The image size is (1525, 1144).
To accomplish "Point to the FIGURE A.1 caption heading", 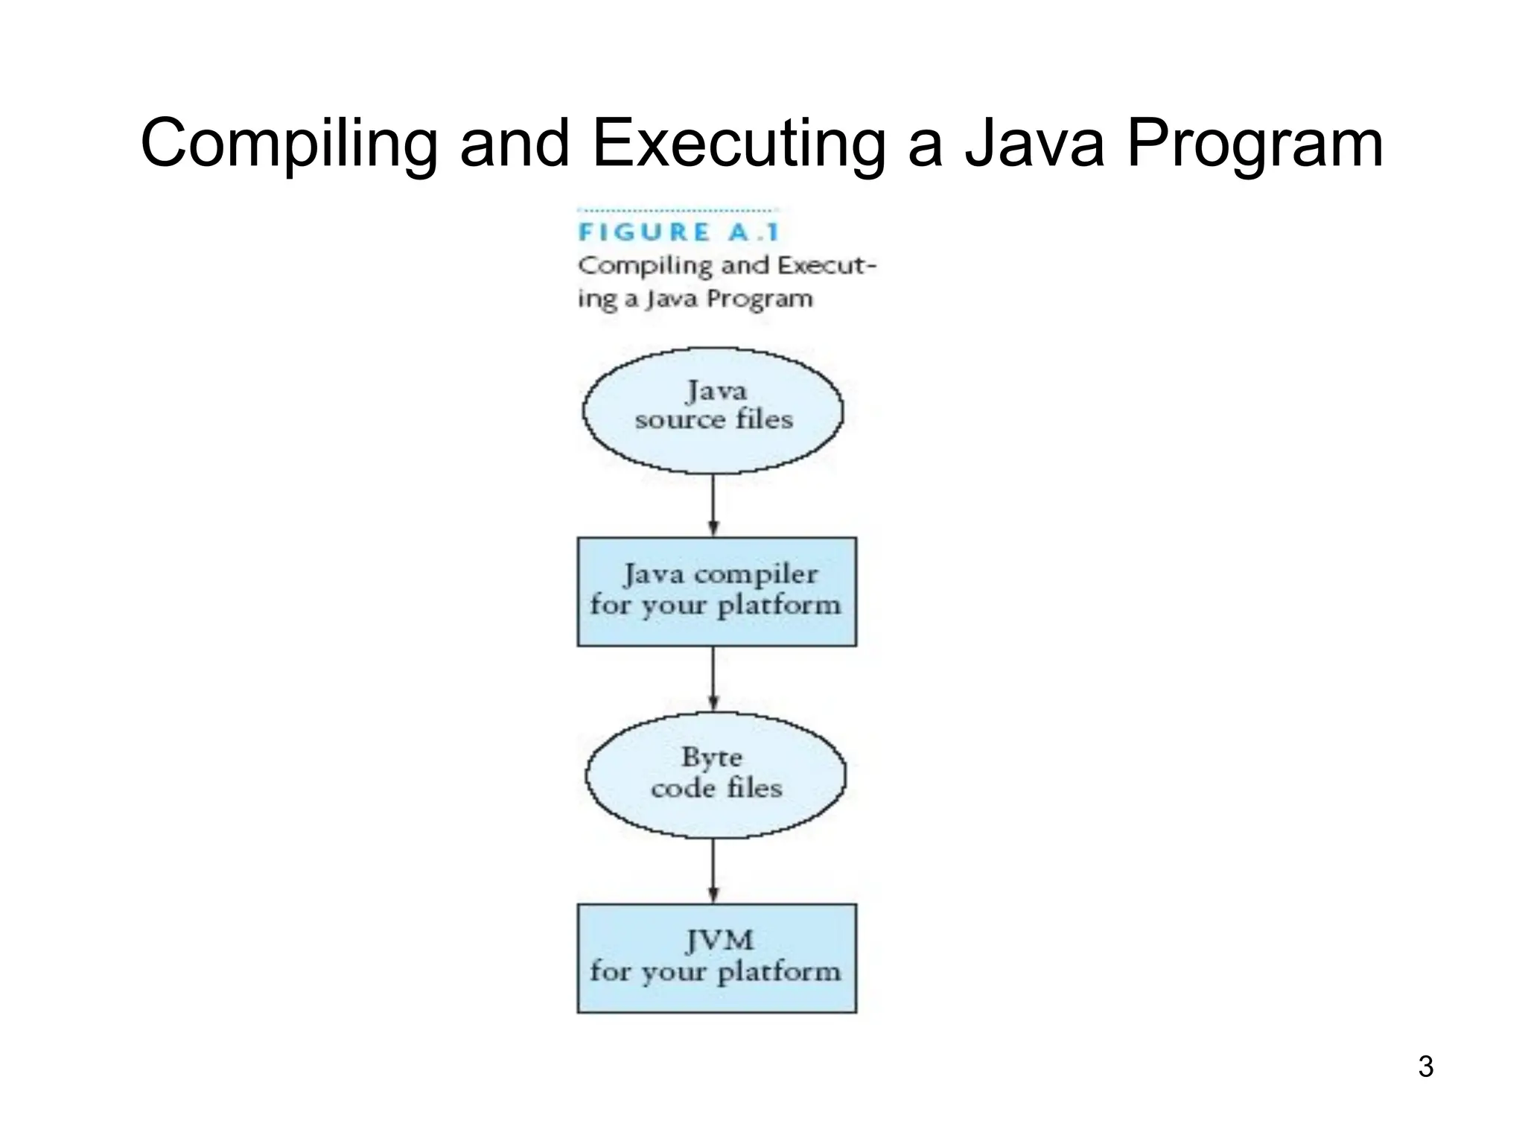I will (x=678, y=232).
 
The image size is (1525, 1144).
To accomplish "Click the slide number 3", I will (x=1425, y=1067).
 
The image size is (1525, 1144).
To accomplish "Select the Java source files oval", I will (x=713, y=410).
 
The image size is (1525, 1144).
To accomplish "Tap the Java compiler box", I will (x=716, y=591).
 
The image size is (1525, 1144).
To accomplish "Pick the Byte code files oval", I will (x=716, y=775).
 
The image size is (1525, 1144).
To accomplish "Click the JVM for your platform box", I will (x=716, y=959).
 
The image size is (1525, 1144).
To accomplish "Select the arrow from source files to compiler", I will (x=713, y=505).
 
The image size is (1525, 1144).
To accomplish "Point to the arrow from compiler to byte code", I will (x=713, y=679).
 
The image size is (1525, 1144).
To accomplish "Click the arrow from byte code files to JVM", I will (x=713, y=870).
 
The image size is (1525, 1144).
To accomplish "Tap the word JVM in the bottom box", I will (x=719, y=940).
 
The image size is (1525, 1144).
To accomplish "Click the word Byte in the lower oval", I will (x=712, y=757).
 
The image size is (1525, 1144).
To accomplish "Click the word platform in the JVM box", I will (x=779, y=972).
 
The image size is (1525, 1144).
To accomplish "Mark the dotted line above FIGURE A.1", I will (x=678, y=211).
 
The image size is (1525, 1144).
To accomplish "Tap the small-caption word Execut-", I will (x=827, y=266).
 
